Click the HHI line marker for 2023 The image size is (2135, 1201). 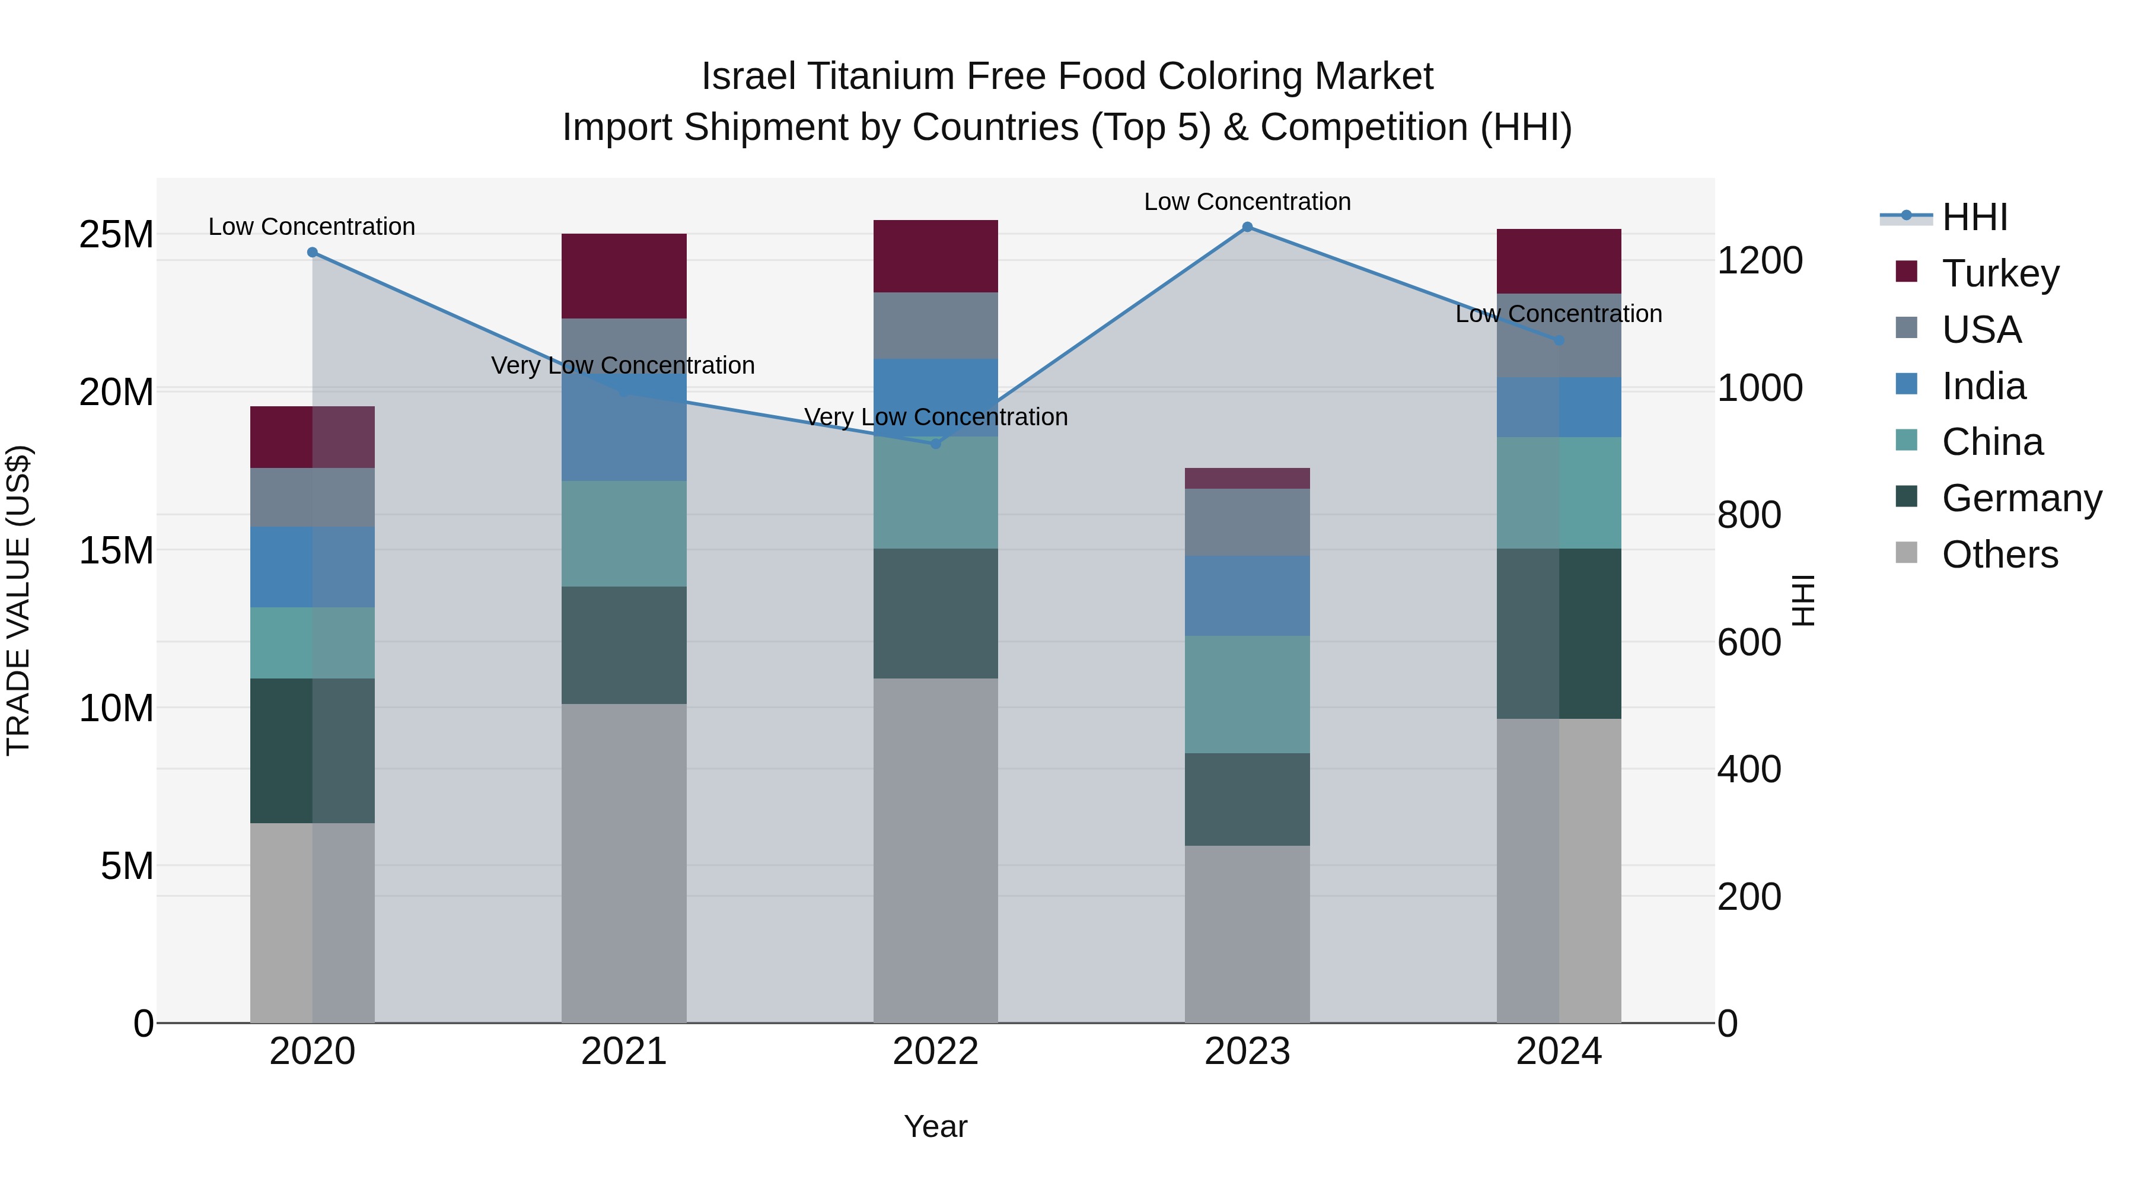pyautogui.click(x=1247, y=227)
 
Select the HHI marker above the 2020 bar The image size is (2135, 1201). pyautogui.click(x=313, y=252)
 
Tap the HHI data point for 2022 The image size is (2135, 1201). pyautogui.click(x=936, y=444)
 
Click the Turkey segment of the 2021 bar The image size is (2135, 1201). pyautogui.click(x=624, y=276)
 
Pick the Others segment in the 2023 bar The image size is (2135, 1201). pyautogui.click(x=1247, y=934)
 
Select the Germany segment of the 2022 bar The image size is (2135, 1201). pyautogui.click(x=936, y=613)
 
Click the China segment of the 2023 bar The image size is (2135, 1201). pyautogui.click(x=1247, y=694)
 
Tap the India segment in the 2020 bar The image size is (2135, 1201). pyautogui.click(x=313, y=567)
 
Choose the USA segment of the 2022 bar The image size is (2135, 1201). pyautogui.click(x=936, y=325)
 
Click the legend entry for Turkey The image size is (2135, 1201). pyautogui.click(x=2000, y=273)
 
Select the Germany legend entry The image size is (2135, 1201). pyautogui.click(x=2021, y=498)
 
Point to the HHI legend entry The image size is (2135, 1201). pyautogui.click(x=1974, y=217)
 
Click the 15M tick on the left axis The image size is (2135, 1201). pyautogui.click(x=116, y=550)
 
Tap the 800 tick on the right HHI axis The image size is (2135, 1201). pyautogui.click(x=1749, y=515)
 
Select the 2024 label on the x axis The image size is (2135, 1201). pyautogui.click(x=1558, y=1052)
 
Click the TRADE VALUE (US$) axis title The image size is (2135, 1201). pyautogui.click(x=18, y=600)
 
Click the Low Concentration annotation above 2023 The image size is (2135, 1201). pyautogui.click(x=1247, y=202)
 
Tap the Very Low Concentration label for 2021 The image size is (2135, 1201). pyautogui.click(x=623, y=365)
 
